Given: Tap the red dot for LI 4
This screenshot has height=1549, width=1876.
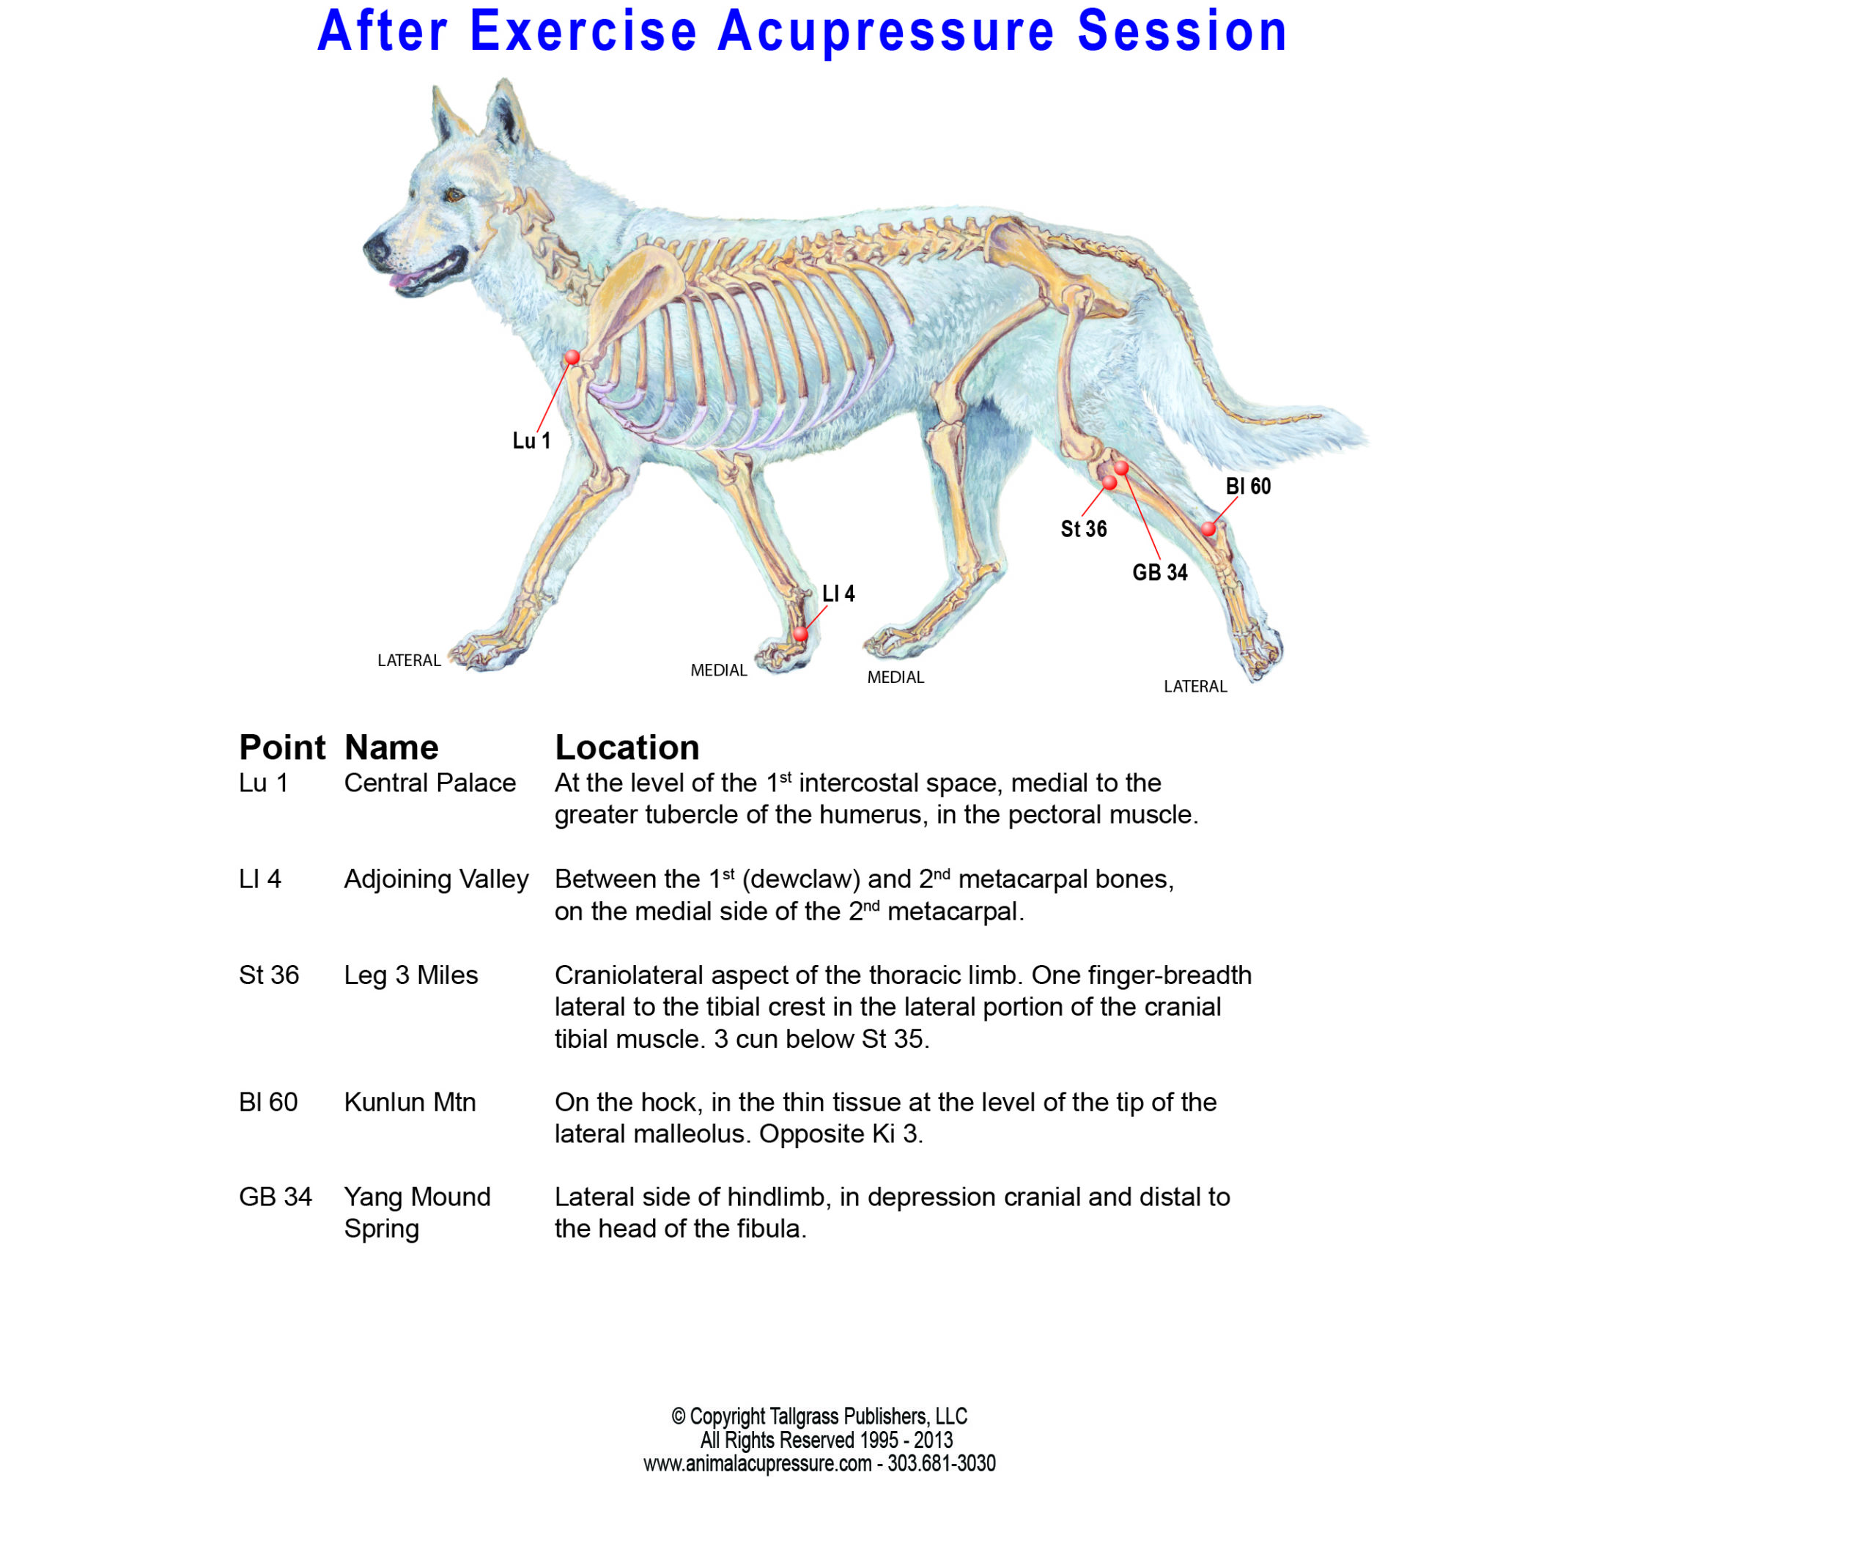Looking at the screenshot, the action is point(800,634).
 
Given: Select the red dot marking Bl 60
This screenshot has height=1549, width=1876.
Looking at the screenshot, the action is point(1208,529).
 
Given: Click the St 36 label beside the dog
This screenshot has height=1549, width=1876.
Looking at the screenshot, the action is point(1084,529).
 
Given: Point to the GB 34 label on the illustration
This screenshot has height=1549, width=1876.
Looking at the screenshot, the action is point(1159,572).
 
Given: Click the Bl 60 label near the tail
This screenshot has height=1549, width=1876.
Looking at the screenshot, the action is point(1248,487).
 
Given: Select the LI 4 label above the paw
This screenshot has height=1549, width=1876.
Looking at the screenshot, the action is point(838,594).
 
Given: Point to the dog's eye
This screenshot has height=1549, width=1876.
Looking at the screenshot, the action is point(454,193).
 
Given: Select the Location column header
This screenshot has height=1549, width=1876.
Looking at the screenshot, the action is point(627,747).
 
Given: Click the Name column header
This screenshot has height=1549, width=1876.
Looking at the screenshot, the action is point(391,747).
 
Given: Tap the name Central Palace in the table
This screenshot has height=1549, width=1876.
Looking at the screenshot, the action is point(429,783).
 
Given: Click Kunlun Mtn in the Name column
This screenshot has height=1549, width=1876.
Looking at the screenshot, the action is point(410,1102).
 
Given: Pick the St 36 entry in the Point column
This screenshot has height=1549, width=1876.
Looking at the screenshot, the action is point(269,975).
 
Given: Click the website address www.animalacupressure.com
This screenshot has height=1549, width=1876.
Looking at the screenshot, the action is point(757,1463).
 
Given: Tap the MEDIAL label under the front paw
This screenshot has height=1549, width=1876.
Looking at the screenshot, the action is point(718,670).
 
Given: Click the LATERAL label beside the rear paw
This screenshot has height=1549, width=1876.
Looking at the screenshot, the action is point(1195,686).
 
